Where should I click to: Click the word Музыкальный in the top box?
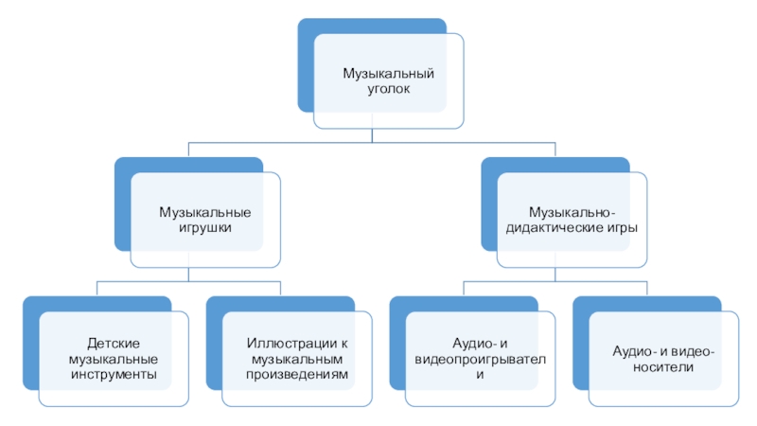pos(388,73)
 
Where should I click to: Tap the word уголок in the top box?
pos(388,88)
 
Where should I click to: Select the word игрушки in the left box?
pos(204,227)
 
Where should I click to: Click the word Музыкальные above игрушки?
pos(204,212)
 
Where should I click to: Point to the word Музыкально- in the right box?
pos(572,212)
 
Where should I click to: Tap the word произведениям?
pos(297,375)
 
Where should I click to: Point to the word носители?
pos(663,366)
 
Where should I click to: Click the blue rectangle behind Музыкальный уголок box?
pos(307,66)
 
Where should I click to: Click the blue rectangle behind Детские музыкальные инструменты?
pos(30,341)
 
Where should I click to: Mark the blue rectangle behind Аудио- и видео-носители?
pos(581,341)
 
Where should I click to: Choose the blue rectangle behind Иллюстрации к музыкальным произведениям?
pos(214,341)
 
